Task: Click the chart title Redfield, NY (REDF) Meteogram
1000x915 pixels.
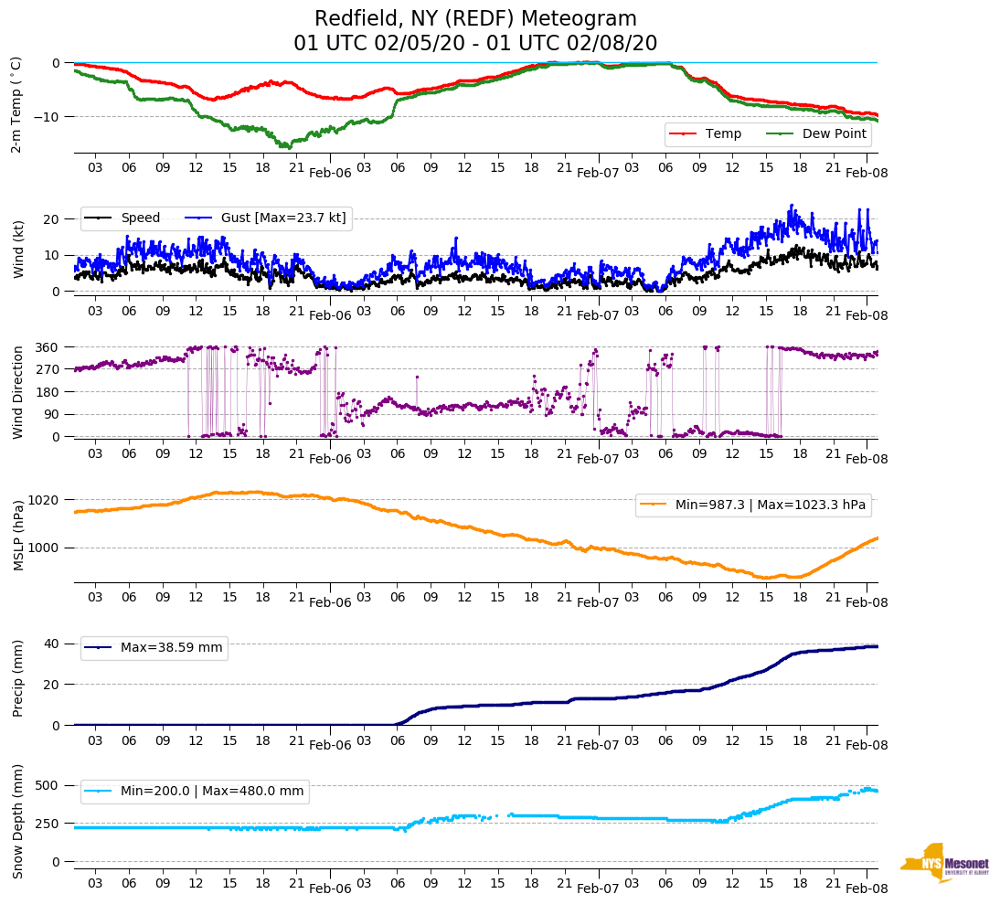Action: (475, 19)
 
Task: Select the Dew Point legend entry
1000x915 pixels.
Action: (835, 134)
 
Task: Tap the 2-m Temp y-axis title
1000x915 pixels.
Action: (16, 103)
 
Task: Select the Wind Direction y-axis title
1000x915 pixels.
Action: (18, 392)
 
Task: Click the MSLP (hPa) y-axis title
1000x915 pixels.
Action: (18, 535)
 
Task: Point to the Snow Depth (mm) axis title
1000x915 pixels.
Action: (18, 820)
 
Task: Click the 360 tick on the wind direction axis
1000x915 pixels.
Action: (48, 347)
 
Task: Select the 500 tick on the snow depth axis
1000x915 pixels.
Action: (49, 785)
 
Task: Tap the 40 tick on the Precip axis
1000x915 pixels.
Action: (53, 644)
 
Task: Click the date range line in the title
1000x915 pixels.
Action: (475, 44)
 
